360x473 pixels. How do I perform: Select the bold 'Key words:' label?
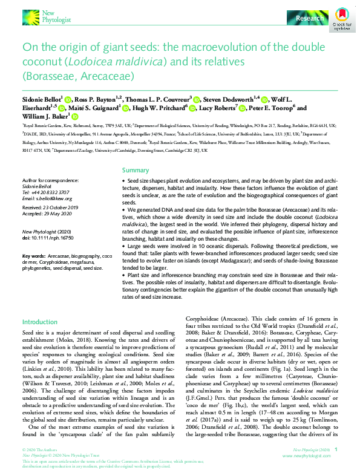pyautogui.click(x=33, y=256)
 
